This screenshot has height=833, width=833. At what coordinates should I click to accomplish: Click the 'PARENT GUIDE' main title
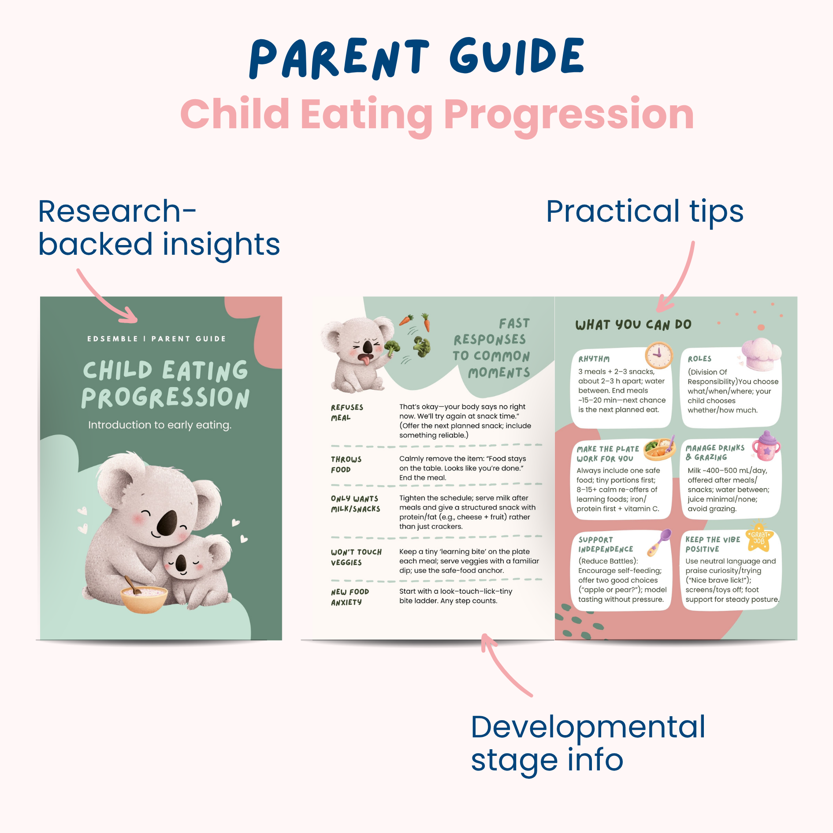pyautogui.click(x=416, y=58)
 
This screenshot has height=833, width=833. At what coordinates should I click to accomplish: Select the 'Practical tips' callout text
pyautogui.click(x=645, y=212)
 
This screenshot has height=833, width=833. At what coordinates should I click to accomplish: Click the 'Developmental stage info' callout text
pyautogui.click(x=588, y=744)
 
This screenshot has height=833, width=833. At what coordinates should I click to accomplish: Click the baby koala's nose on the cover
pyautogui.click(x=181, y=562)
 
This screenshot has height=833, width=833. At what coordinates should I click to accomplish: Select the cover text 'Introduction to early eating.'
pyautogui.click(x=160, y=425)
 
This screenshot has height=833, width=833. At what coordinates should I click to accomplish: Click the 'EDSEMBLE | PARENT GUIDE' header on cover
pyautogui.click(x=156, y=338)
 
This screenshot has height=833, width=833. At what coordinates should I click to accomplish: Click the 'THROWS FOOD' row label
pyautogui.click(x=346, y=465)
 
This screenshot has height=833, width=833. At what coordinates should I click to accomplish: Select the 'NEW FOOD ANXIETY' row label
pyautogui.click(x=350, y=597)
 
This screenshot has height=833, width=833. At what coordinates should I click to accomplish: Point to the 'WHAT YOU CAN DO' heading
pyautogui.click(x=633, y=325)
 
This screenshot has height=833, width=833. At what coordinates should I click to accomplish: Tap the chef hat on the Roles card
pyautogui.click(x=761, y=354)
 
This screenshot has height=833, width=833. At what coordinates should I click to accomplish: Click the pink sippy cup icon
pyautogui.click(x=766, y=446)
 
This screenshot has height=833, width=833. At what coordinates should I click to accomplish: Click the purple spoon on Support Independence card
pyautogui.click(x=659, y=543)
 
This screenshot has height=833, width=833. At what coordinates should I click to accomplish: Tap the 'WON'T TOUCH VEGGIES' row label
pyautogui.click(x=356, y=557)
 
